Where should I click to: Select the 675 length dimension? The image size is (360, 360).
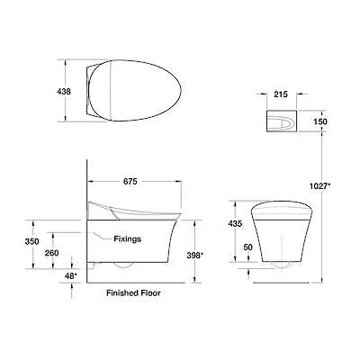[x=130, y=182]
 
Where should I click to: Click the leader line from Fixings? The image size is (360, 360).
[x=102, y=236]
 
